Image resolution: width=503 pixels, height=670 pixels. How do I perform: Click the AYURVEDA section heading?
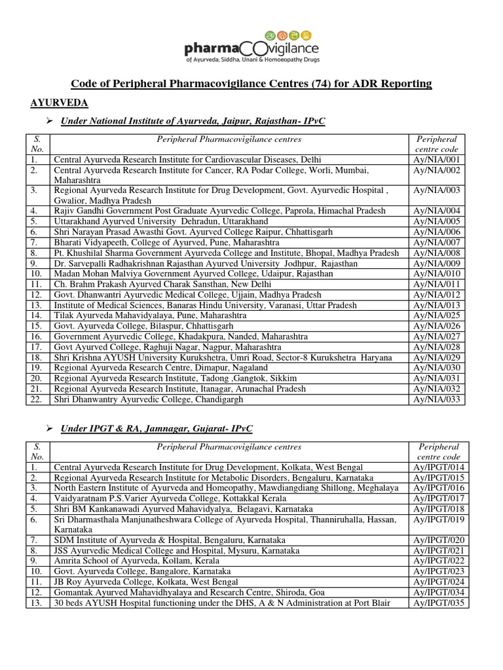(x=60, y=103)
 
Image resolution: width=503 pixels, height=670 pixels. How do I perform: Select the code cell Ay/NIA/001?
(x=437, y=159)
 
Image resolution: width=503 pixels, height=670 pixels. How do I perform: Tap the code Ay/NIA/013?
(x=437, y=305)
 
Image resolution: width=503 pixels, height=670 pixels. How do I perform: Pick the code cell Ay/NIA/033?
(x=437, y=399)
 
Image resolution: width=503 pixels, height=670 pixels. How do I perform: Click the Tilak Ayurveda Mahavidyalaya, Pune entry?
(x=150, y=315)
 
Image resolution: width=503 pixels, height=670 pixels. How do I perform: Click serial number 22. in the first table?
(x=37, y=399)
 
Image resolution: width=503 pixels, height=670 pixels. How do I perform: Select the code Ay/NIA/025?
(x=437, y=315)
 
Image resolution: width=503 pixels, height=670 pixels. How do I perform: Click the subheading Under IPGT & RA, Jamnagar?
(x=157, y=429)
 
